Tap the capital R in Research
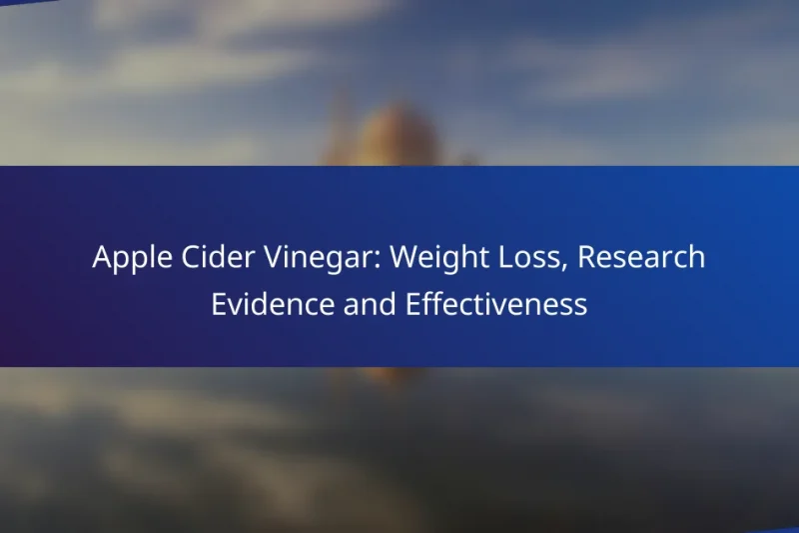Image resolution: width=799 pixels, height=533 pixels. coord(586,258)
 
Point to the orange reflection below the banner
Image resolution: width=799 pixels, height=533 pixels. coord(385,377)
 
